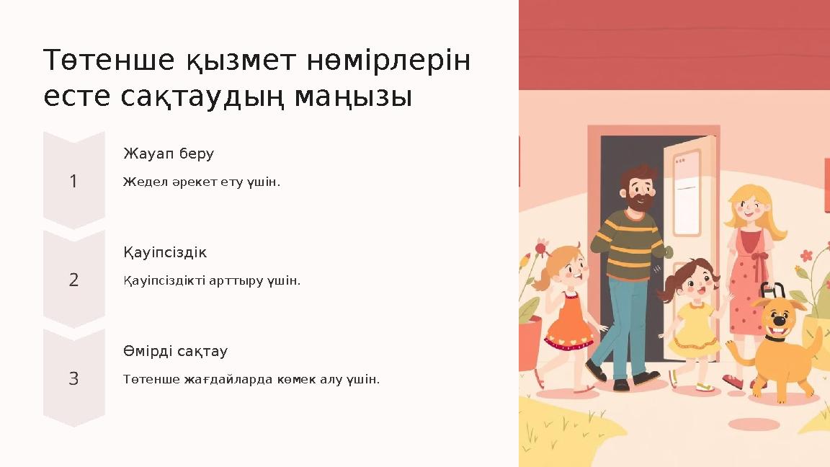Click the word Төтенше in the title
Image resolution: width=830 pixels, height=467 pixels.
pyautogui.click(x=109, y=61)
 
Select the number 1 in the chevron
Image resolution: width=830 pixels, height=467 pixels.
pyautogui.click(x=73, y=182)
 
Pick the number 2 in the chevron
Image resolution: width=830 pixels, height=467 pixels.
pyautogui.click(x=73, y=280)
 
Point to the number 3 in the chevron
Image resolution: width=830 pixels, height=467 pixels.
pyautogui.click(x=73, y=378)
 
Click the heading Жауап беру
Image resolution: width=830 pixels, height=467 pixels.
pyautogui.click(x=169, y=154)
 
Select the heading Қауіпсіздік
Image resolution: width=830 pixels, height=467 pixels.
pyautogui.click(x=165, y=253)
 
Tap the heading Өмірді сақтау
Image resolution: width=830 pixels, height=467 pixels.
pyautogui.click(x=175, y=352)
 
